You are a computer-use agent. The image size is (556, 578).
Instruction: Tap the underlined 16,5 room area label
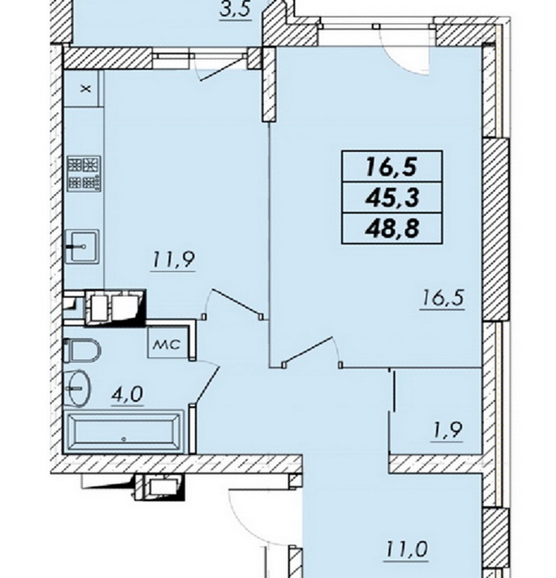[x=442, y=297]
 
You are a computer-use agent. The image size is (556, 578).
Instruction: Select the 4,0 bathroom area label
[x=128, y=395]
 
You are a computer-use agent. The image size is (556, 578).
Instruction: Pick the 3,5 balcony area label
[x=236, y=10]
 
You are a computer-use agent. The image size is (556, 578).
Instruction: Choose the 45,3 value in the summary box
[x=392, y=198]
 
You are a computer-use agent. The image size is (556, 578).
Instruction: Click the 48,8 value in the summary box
[x=392, y=228]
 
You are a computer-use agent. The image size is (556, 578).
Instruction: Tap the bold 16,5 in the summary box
[x=391, y=167]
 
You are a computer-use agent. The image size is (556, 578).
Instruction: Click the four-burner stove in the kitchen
[x=84, y=173]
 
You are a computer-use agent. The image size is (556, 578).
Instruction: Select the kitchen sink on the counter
[x=83, y=246]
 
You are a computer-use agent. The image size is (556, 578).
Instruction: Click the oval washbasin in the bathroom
[x=77, y=388]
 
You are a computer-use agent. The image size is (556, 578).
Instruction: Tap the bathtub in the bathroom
[x=124, y=433]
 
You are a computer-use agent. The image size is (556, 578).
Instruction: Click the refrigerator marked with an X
[x=81, y=88]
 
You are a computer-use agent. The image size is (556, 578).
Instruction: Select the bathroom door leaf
[x=208, y=385]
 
